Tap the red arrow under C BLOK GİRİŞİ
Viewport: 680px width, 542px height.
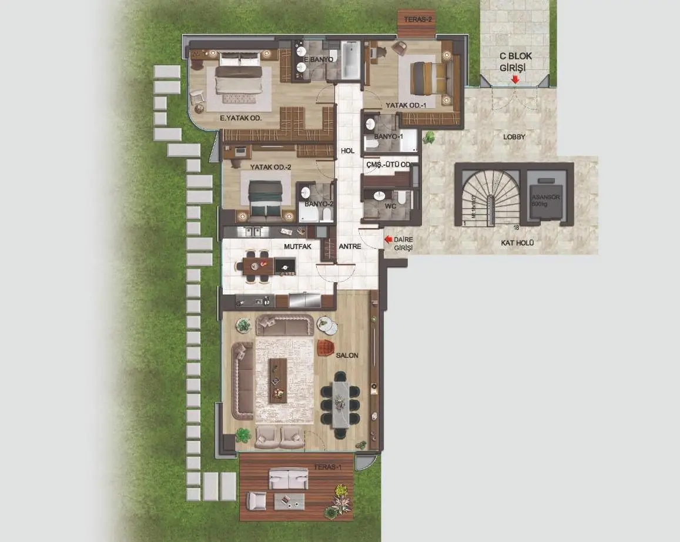(x=515, y=80)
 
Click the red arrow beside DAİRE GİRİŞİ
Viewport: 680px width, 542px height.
(x=388, y=239)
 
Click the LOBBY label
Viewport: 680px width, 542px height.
(x=514, y=137)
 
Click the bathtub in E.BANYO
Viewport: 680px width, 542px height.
(x=350, y=59)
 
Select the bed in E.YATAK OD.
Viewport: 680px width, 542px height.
(x=238, y=76)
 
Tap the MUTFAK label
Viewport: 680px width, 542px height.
(x=297, y=246)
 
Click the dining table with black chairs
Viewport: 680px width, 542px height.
(x=340, y=403)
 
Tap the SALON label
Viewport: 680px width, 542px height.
(x=347, y=356)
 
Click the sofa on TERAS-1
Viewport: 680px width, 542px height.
(x=288, y=478)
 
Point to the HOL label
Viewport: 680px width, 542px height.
(x=347, y=151)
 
